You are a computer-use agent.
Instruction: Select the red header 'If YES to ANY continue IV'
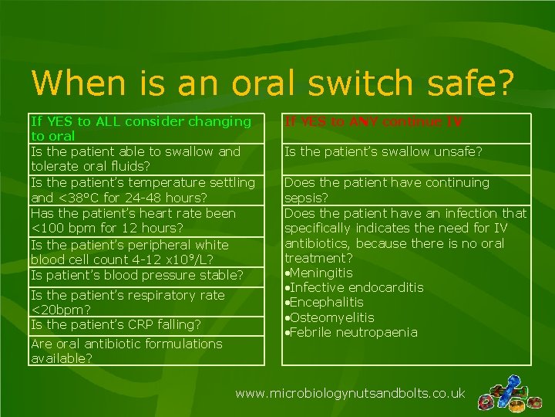(373, 122)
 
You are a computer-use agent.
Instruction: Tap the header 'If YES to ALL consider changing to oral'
(140, 128)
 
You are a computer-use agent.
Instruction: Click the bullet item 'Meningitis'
(320, 273)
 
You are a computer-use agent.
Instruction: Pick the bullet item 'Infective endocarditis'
(355, 287)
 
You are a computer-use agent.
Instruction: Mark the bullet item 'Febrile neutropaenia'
(352, 332)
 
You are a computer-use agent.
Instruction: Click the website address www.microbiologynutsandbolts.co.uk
(350, 393)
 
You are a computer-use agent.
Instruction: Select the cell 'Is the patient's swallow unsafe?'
(383, 152)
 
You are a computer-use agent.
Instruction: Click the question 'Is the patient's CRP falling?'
(116, 324)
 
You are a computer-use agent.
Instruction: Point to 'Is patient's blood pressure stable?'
(137, 275)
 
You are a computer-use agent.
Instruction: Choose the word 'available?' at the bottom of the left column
(62, 358)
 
